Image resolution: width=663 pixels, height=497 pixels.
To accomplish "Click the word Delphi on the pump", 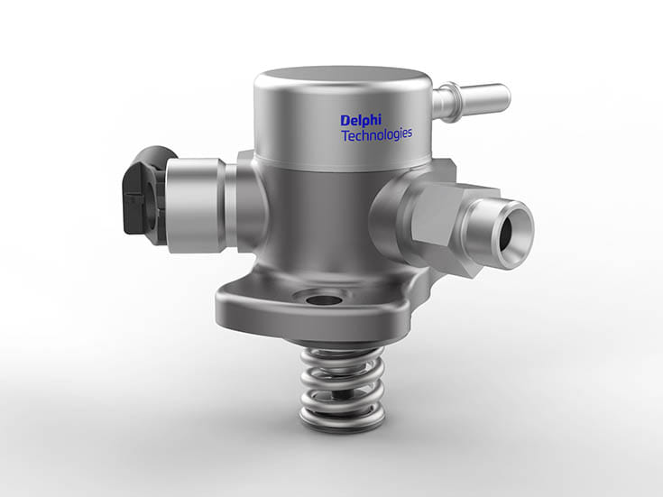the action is tap(361, 121).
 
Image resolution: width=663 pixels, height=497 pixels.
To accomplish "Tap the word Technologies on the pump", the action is tap(377, 135).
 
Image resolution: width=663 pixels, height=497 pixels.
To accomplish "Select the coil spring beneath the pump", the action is tap(342, 388).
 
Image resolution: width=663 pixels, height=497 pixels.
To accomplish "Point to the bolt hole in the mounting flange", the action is tap(324, 300).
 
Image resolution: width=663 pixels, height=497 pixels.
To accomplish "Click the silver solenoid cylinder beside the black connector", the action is tap(196, 205).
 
